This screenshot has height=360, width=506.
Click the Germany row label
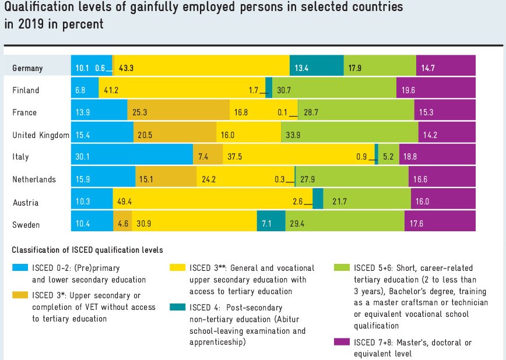[x=28, y=68]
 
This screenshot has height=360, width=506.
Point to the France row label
[x=24, y=112]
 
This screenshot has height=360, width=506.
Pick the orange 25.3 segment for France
[x=178, y=112]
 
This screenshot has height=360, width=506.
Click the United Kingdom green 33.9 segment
[x=349, y=135]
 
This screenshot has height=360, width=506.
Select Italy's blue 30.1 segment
[x=132, y=157]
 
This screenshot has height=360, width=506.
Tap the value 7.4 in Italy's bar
[x=203, y=157]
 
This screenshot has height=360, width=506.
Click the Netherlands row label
[x=34, y=179]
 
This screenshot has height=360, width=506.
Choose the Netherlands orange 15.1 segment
[x=160, y=179]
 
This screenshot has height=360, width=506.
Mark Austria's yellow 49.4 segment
[x=213, y=202]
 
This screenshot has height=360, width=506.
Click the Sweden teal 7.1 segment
[x=271, y=224]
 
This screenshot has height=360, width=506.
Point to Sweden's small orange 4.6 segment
[x=122, y=224]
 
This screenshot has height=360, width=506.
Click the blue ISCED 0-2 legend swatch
[x=22, y=267]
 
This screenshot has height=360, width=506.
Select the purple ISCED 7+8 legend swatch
[x=343, y=341]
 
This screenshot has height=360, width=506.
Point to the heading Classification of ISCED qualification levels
[x=87, y=250]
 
